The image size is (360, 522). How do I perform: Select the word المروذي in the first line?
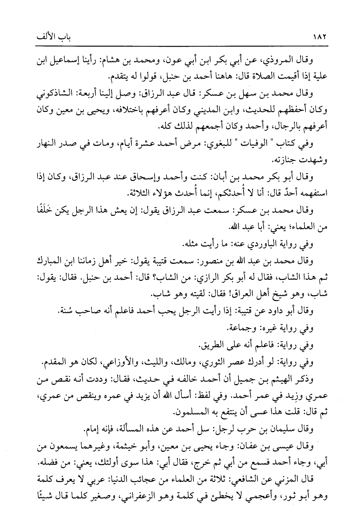tap(283, 60)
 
